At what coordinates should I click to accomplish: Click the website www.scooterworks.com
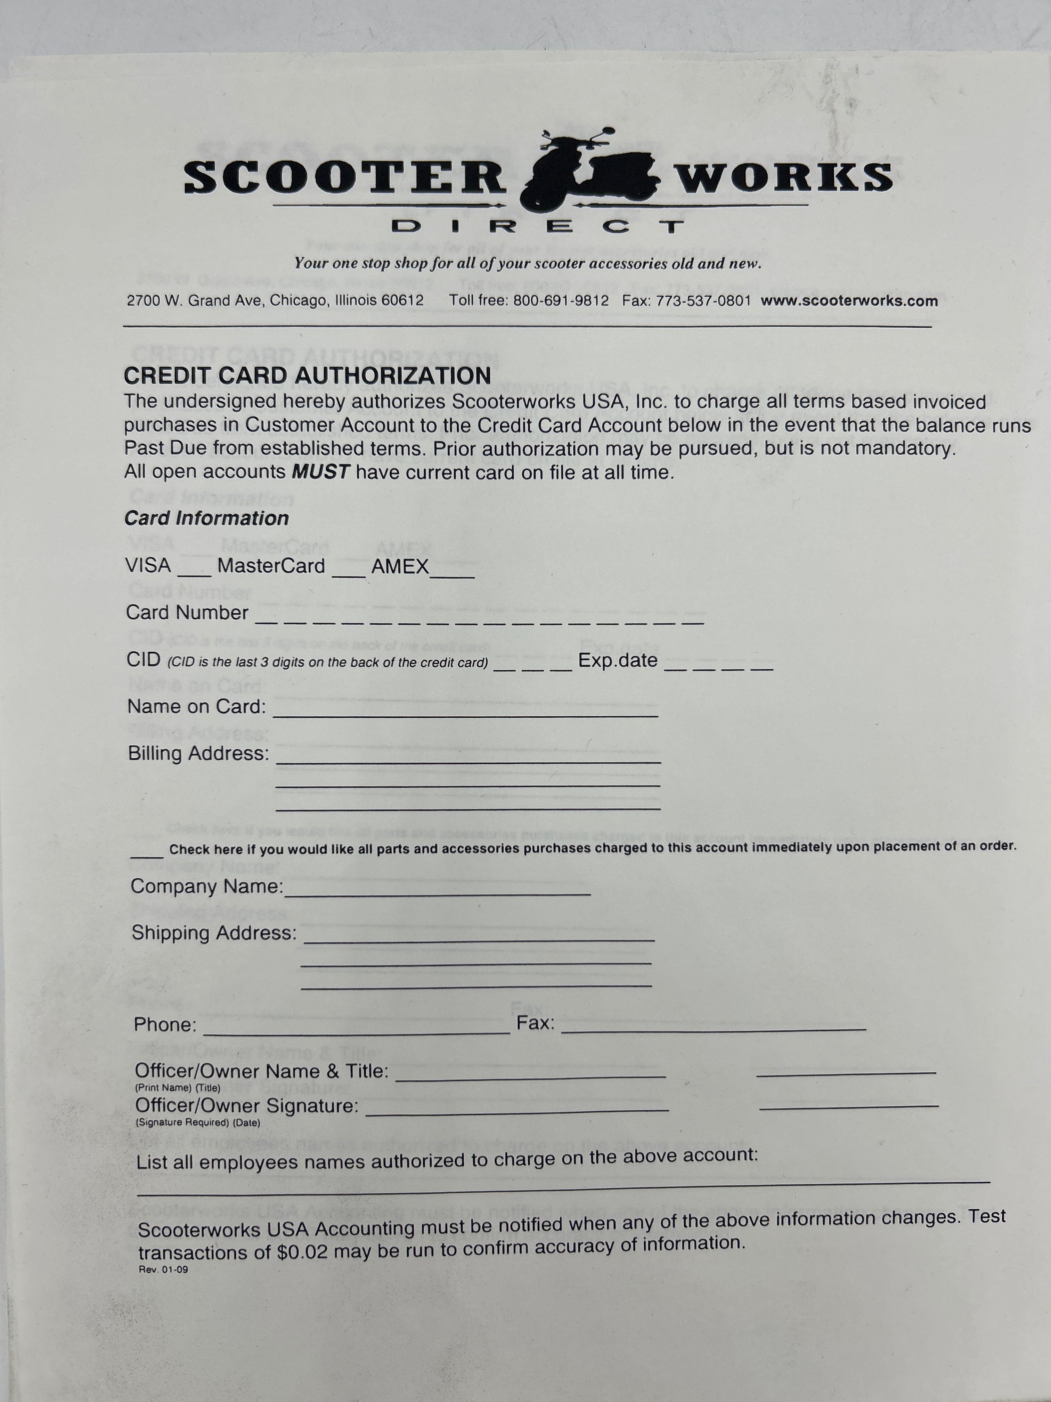(849, 301)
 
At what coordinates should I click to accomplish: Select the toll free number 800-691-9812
(561, 300)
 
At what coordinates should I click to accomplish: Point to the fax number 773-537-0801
(703, 300)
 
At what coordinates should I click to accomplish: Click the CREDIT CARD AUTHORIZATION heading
(307, 376)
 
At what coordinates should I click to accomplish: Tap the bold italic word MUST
(320, 472)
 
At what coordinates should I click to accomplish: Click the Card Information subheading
(206, 518)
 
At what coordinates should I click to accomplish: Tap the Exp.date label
(618, 660)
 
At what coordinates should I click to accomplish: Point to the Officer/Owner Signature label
(246, 1106)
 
